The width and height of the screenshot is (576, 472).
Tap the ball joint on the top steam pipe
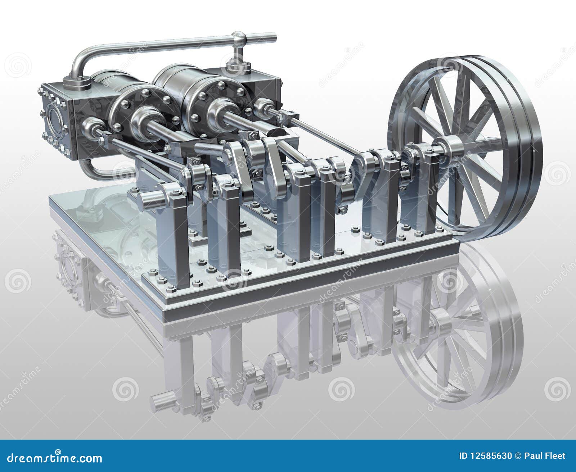(239, 38)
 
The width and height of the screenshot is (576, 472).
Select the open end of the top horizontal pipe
(274, 36)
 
